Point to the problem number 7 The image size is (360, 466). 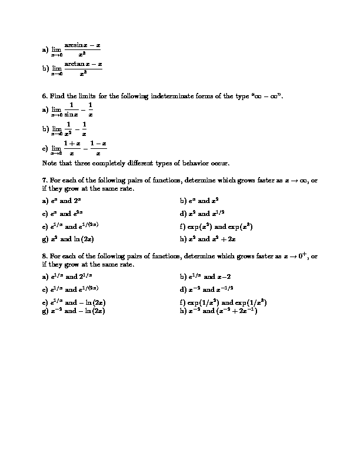click(45, 181)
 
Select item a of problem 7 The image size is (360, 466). click(61, 200)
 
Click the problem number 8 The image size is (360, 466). click(45, 257)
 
